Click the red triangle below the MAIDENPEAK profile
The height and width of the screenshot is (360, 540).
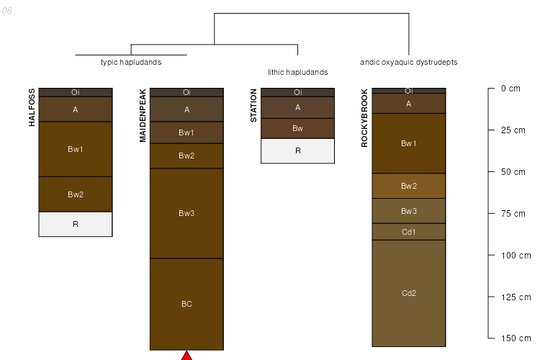(x=186, y=356)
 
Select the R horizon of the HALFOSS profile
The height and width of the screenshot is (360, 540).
(x=76, y=224)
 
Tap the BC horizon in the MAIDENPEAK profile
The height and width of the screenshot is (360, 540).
(x=186, y=304)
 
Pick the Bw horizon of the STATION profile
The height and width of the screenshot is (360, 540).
(x=297, y=128)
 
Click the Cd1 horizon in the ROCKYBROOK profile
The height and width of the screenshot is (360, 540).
(x=408, y=232)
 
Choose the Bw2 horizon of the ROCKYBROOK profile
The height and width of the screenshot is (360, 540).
(x=408, y=186)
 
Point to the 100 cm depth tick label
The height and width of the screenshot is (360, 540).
(x=515, y=256)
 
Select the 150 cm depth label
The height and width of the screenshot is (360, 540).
(x=515, y=338)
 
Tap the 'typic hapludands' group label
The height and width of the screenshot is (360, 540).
(x=131, y=62)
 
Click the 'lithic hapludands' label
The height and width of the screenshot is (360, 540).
(x=297, y=72)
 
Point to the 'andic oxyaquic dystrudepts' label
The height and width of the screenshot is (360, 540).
(x=408, y=62)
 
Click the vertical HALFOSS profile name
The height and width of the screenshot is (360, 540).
(x=32, y=107)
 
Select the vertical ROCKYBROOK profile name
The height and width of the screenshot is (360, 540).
(x=364, y=118)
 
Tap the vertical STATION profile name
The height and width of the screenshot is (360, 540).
(x=253, y=106)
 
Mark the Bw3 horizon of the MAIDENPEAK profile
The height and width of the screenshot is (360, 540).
(x=186, y=213)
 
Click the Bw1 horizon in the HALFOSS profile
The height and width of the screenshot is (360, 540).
(x=76, y=149)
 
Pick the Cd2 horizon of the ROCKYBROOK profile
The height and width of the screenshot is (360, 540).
(x=408, y=293)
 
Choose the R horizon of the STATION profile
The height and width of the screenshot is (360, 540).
(x=297, y=151)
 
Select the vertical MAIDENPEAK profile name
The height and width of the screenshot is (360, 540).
(x=143, y=116)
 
